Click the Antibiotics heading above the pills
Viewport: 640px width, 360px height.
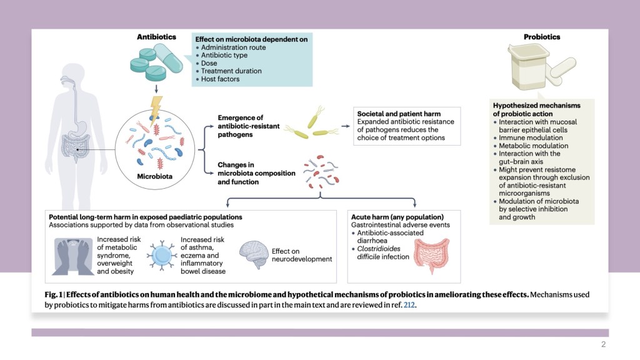coord(156,37)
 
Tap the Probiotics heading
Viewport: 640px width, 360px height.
coord(541,37)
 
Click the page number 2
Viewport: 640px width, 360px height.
coord(603,344)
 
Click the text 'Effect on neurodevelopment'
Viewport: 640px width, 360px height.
coord(302,255)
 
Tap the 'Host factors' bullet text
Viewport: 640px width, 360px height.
coord(220,79)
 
